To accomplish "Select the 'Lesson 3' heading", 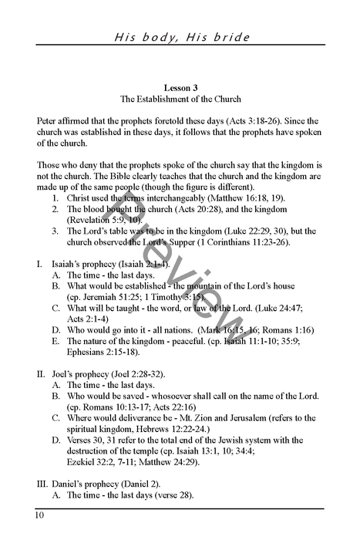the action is pos(180,87).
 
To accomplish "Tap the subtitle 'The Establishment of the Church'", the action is pos(180,100).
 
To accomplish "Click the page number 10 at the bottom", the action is pos(39,515).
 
